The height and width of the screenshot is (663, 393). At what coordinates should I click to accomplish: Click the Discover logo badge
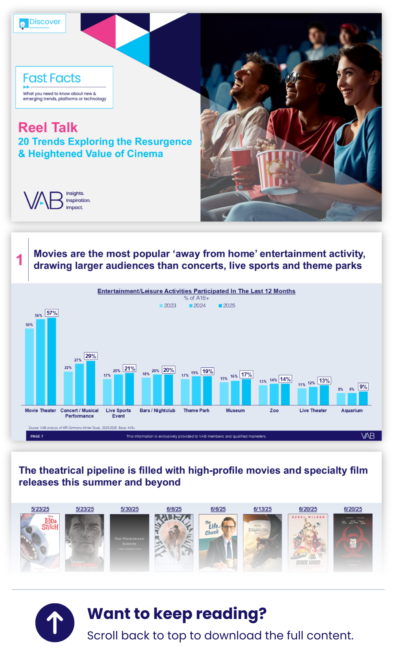pos(39,23)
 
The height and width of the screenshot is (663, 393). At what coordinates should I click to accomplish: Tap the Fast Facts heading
pos(52,78)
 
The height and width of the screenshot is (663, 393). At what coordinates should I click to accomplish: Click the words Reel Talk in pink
pos(48,128)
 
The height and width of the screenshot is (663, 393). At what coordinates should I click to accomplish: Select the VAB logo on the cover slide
pos(44,200)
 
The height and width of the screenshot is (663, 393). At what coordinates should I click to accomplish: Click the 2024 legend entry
pos(197,306)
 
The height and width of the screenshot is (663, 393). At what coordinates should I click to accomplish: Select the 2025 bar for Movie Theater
pos(51,361)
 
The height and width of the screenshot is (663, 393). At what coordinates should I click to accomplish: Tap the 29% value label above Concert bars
pos(91,356)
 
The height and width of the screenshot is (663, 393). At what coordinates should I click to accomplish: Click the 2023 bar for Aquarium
pos(341,399)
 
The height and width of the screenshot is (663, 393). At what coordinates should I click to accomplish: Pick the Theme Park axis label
pos(196,411)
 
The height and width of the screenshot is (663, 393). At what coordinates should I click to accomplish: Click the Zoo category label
pos(274,411)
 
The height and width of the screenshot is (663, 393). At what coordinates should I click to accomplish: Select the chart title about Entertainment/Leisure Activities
pos(196,291)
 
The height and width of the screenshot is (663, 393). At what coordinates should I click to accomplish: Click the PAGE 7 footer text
pos(37,436)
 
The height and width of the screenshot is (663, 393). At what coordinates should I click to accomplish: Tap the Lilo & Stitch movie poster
pos(40,542)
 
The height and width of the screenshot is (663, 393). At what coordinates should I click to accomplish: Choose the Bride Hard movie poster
pos(308,542)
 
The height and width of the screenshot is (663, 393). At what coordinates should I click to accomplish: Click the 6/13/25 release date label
pos(263,509)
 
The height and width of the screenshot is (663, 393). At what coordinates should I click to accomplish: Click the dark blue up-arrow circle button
pos(55,623)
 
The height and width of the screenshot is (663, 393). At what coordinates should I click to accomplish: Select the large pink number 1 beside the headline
pos(20,260)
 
